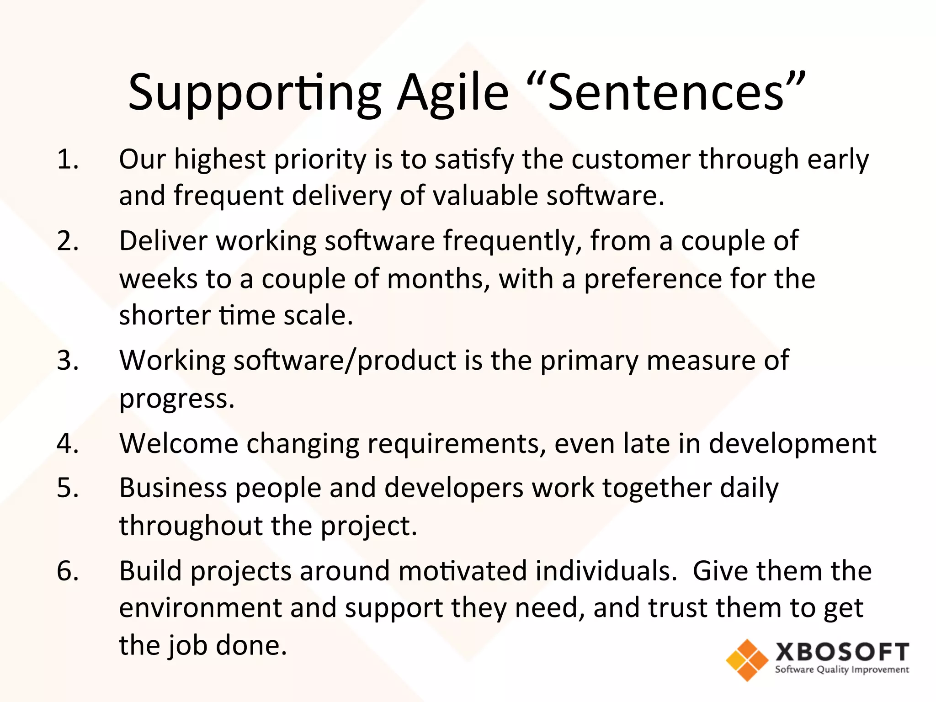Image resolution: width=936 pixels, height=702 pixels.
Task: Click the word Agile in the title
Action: [x=452, y=94]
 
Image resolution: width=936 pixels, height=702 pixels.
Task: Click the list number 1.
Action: [x=68, y=160]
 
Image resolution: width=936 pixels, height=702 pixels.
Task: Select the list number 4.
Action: [x=68, y=443]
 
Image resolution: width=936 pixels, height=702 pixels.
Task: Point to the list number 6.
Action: [x=68, y=571]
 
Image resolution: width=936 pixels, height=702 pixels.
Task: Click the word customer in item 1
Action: [x=631, y=160]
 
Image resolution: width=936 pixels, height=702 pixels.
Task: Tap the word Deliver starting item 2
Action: [x=163, y=241]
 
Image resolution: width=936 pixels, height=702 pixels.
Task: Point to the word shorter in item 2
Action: [x=165, y=315]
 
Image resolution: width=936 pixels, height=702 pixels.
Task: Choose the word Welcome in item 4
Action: [x=179, y=443]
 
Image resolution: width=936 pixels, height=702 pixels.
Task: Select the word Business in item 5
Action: [x=173, y=488]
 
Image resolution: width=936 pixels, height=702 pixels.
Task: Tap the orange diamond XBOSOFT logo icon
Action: [x=747, y=660]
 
